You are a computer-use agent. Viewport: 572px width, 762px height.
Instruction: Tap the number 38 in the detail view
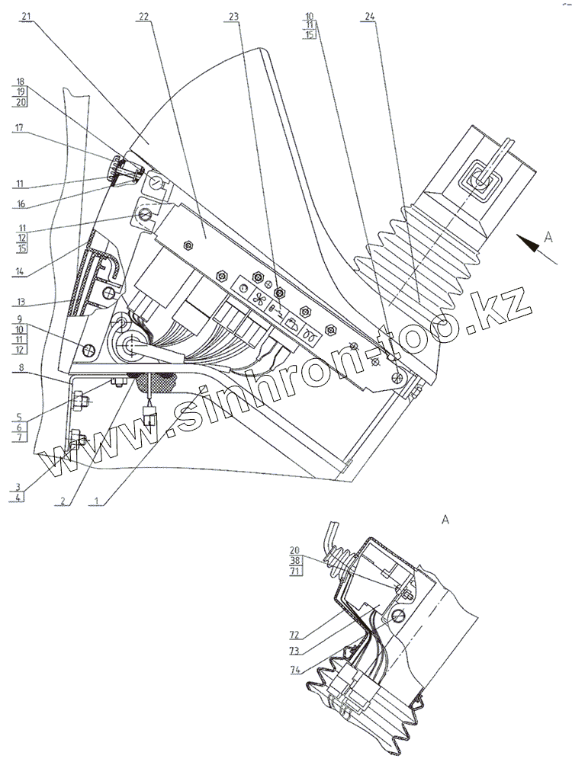click(x=295, y=559)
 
